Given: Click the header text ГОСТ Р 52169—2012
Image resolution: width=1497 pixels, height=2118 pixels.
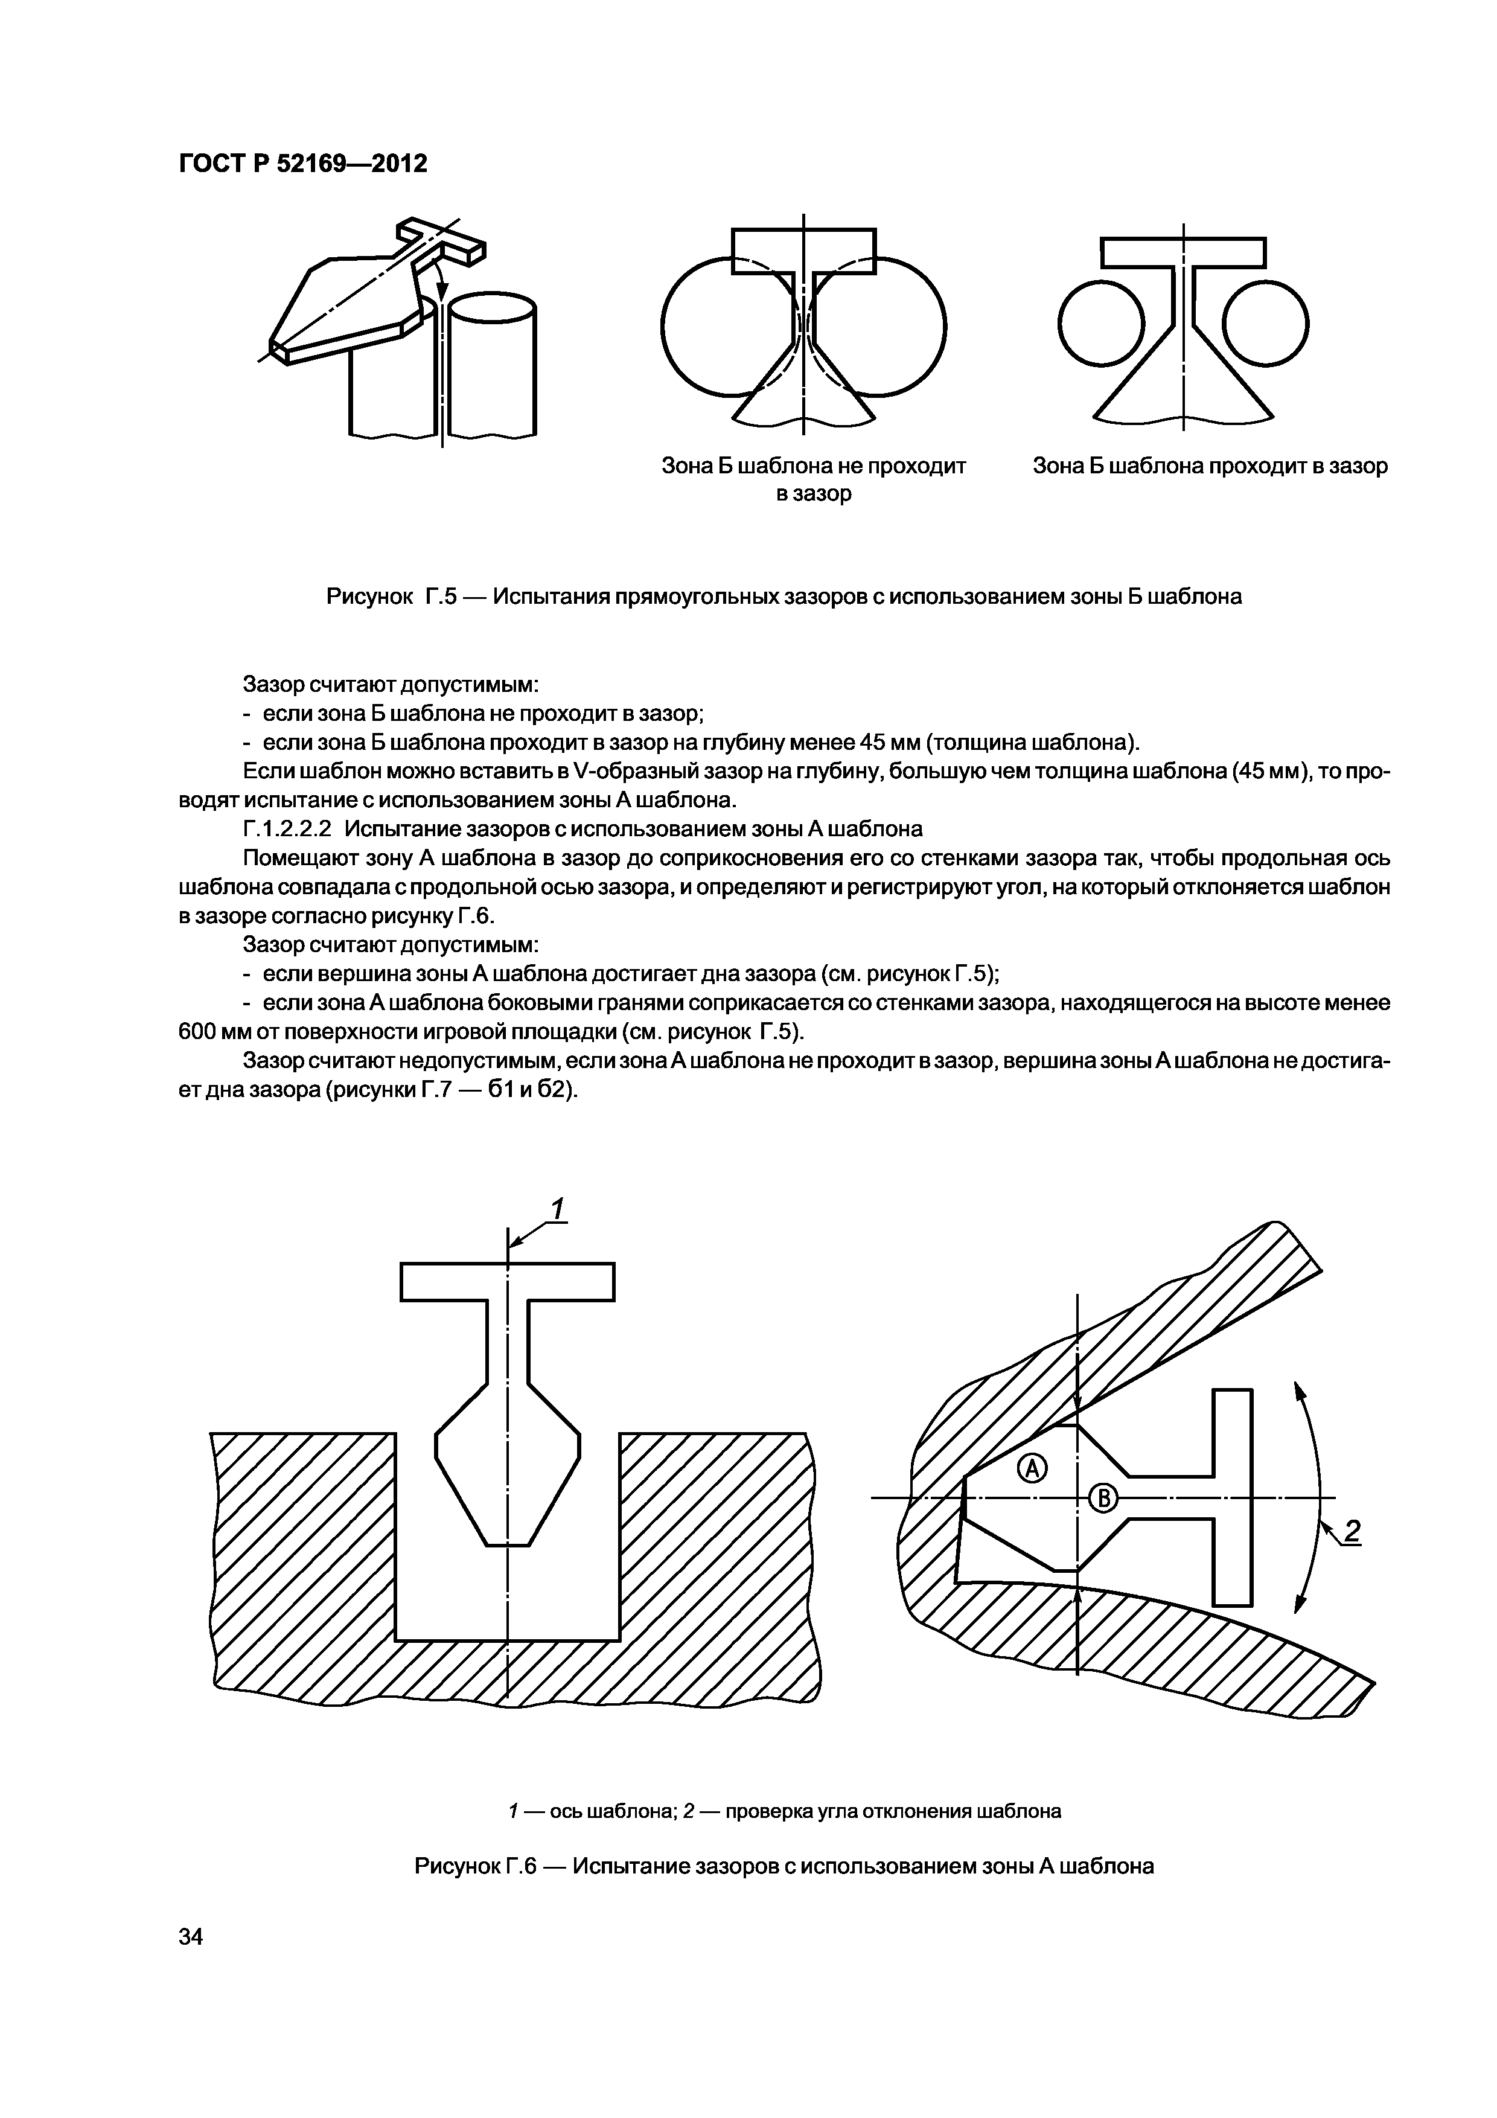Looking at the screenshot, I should point(302,164).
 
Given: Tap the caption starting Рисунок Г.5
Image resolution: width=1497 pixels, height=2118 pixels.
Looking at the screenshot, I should point(784,597).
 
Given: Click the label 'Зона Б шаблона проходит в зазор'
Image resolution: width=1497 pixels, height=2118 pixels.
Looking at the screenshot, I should point(1209,466).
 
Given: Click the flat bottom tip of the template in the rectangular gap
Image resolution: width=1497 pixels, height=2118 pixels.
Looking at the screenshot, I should point(507,1543).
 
